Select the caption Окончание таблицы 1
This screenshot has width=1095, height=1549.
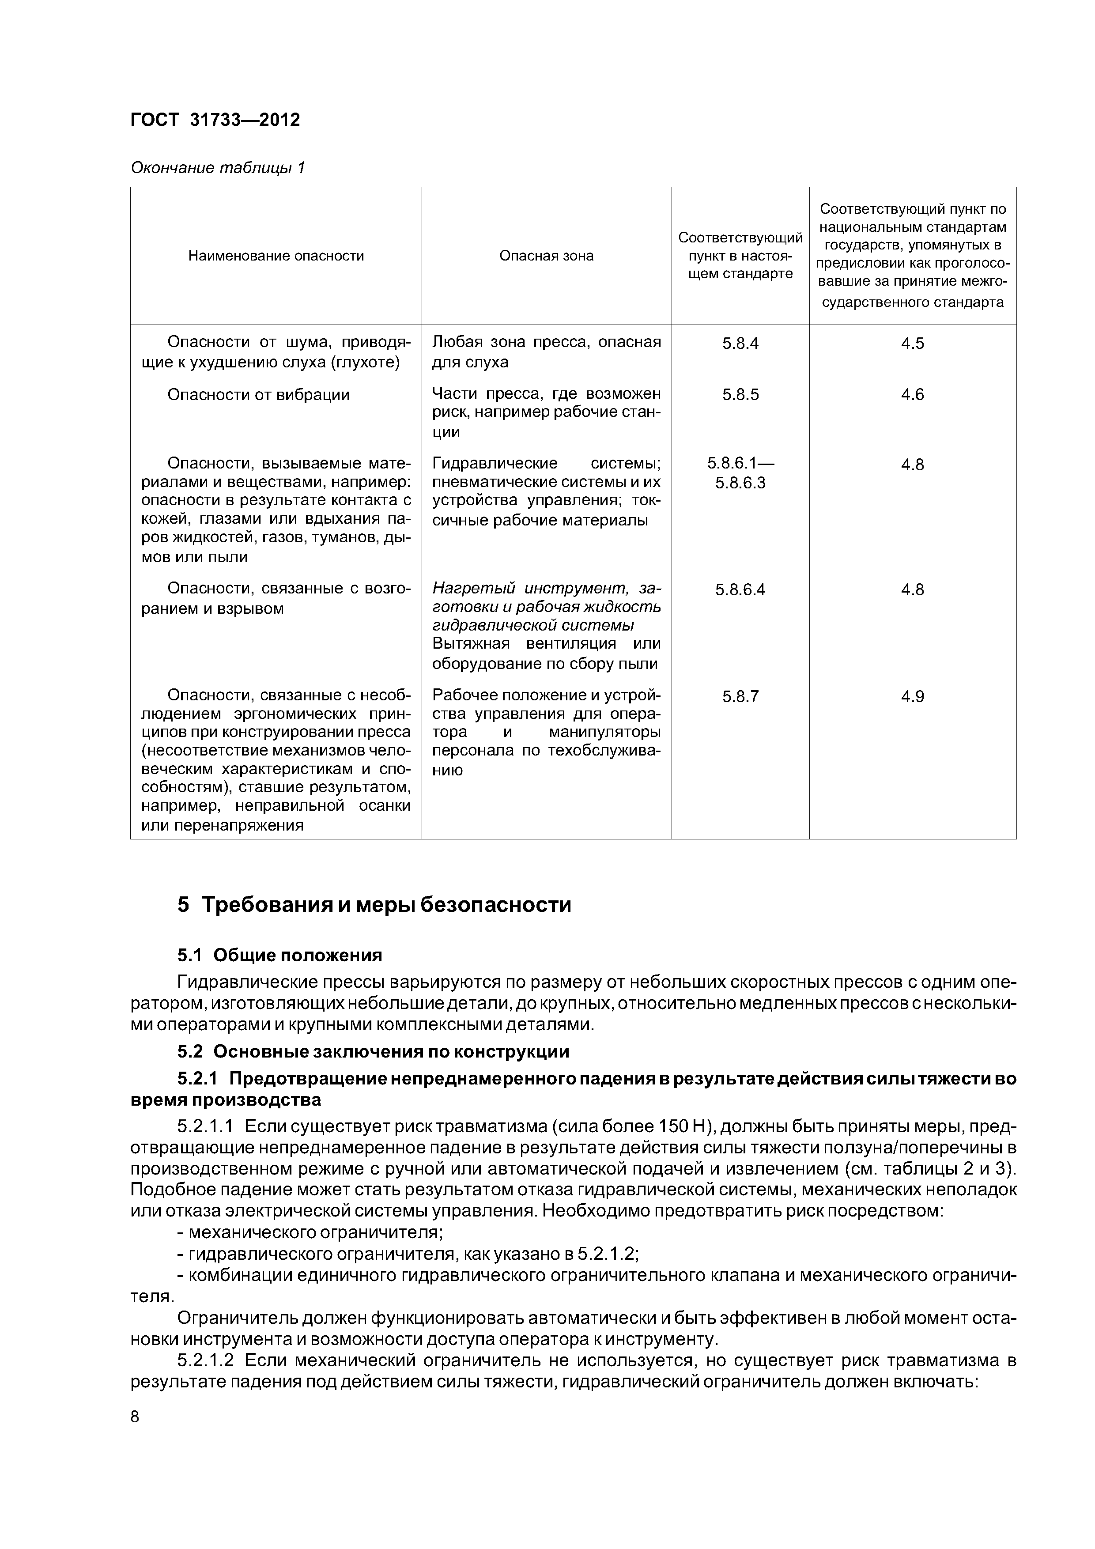point(217,167)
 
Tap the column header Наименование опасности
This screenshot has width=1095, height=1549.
point(276,256)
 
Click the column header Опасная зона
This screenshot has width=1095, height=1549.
point(547,256)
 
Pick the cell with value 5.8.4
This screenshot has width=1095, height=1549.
point(740,344)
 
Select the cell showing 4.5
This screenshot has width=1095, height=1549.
point(912,344)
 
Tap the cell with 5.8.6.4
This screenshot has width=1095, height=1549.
point(740,589)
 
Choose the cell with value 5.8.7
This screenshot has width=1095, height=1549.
point(740,696)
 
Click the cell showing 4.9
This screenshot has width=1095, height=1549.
point(912,696)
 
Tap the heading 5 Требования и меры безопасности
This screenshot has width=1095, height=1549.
point(374,905)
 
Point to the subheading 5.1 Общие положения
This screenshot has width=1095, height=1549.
point(279,955)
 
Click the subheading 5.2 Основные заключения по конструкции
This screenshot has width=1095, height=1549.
point(373,1052)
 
